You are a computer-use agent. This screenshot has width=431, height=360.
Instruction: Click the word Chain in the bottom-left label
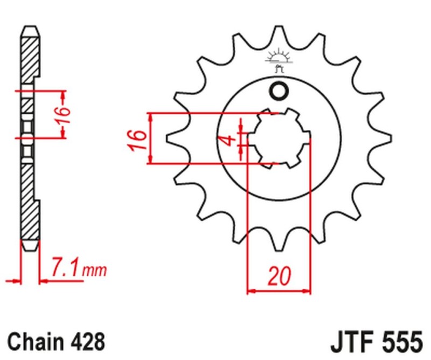(x=34, y=342)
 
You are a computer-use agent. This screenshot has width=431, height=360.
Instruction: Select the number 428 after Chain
(x=85, y=342)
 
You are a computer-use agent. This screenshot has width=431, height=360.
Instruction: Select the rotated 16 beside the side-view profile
(x=64, y=114)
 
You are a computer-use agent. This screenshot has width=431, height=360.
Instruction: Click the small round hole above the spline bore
(x=279, y=92)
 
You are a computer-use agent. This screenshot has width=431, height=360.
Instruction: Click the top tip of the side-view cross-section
(x=30, y=27)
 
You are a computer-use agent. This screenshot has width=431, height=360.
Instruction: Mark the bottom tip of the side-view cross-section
(x=30, y=249)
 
